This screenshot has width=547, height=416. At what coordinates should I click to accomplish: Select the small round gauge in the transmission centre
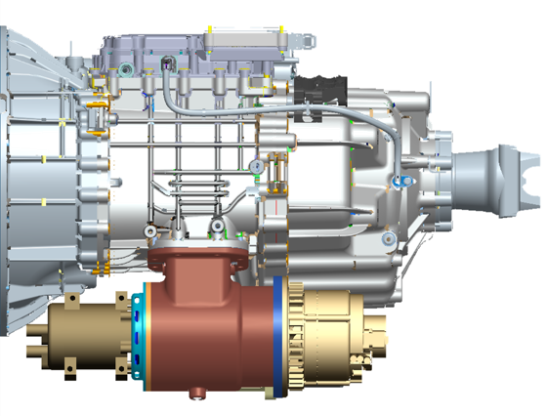[x=255, y=166]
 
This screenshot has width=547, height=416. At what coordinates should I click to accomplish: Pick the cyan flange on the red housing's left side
[x=144, y=332]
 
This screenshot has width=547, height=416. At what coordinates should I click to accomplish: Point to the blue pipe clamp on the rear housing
[x=398, y=182]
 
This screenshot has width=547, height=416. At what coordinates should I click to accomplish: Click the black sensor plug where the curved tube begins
[x=168, y=66]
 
